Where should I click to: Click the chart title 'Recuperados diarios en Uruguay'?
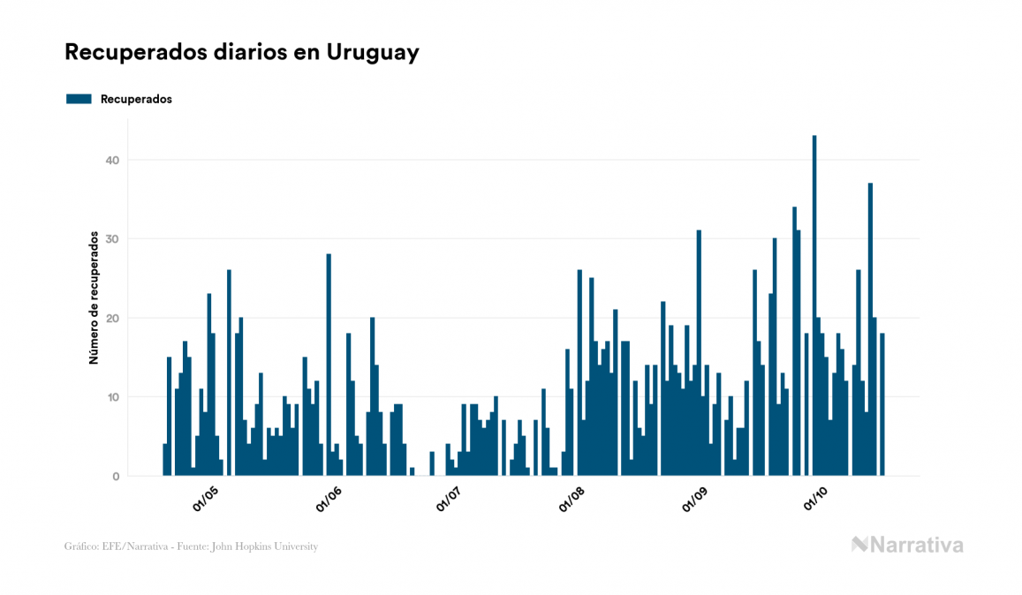241,52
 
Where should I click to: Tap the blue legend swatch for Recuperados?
79,99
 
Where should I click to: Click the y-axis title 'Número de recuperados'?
93,297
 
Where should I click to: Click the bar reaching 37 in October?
870,331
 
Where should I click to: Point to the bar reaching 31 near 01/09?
699,353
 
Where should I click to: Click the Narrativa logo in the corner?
907,545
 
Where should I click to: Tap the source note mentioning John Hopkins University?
191,546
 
